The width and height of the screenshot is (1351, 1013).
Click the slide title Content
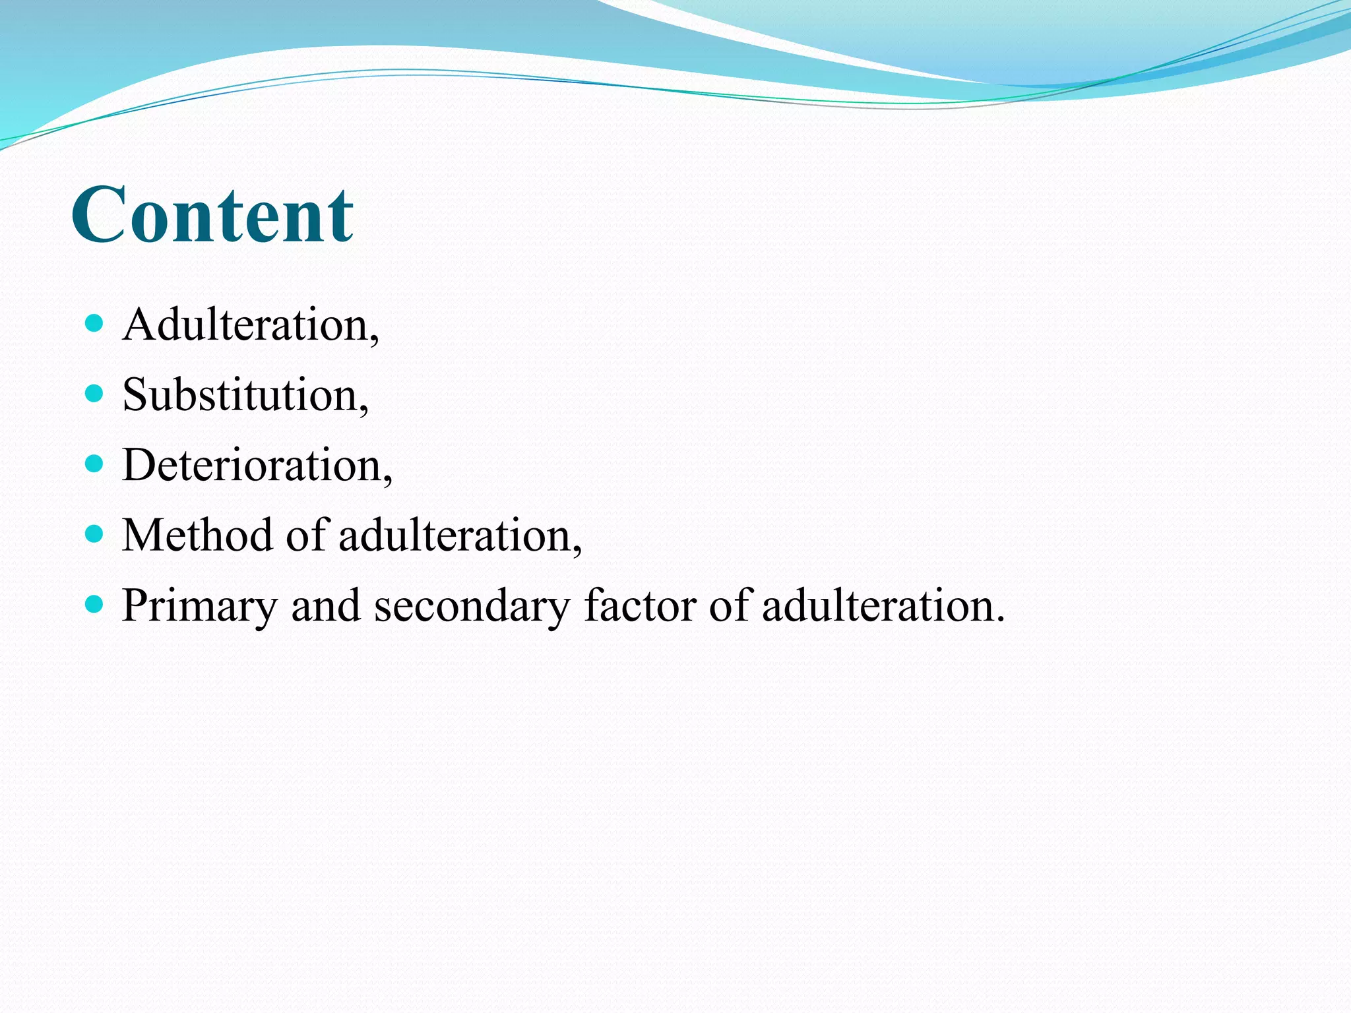pyautogui.click(x=212, y=215)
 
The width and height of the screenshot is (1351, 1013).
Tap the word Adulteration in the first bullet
pyautogui.click(x=245, y=325)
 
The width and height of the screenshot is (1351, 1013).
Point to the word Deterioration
pyautogui.click(x=252, y=465)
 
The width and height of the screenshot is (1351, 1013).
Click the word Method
pyautogui.click(x=197, y=535)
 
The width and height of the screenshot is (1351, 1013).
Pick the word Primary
pyautogui.click(x=199, y=605)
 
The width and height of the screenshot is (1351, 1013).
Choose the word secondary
pyautogui.click(x=472, y=605)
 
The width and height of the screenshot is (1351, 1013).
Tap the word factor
pyautogui.click(x=640, y=605)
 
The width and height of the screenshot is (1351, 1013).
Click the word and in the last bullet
pyautogui.click(x=325, y=605)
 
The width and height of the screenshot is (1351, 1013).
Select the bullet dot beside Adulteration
pyautogui.click(x=95, y=323)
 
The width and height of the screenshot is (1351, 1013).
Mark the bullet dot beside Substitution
pyautogui.click(x=95, y=394)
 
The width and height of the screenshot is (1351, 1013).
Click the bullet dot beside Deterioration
pyautogui.click(x=95, y=464)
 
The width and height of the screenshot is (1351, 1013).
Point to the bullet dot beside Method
pyautogui.click(x=95, y=534)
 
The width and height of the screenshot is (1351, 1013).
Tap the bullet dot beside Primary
pyautogui.click(x=95, y=603)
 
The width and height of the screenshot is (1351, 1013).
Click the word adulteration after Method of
pyautogui.click(x=455, y=535)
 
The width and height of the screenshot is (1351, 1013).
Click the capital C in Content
pyautogui.click(x=99, y=215)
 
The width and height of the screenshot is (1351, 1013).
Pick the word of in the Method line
pyautogui.click(x=307, y=535)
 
